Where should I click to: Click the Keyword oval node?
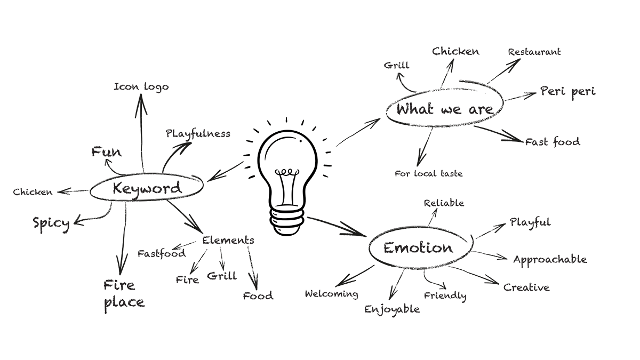click(147, 188)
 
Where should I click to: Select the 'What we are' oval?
click(444, 109)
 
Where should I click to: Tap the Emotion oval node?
click(418, 248)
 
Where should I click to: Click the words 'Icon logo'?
click(141, 86)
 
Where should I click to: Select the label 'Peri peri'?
click(567, 92)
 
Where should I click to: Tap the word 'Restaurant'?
click(534, 52)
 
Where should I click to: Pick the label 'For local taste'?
click(429, 173)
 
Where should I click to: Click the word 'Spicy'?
click(51, 222)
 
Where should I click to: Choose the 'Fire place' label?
click(123, 294)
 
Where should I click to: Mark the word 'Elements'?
click(228, 240)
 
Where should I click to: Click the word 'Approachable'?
click(550, 260)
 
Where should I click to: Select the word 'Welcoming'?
click(331, 294)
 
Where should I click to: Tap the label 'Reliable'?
click(444, 203)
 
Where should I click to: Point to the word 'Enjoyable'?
click(392, 309)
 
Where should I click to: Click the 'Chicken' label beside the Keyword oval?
click(33, 192)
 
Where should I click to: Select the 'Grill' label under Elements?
click(221, 276)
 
